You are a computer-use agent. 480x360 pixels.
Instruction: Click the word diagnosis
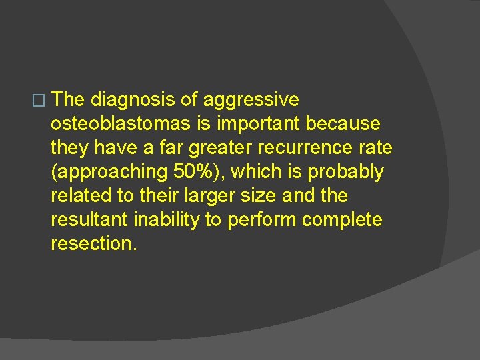tap(133, 100)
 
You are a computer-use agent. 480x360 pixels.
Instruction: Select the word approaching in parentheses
tap(107, 172)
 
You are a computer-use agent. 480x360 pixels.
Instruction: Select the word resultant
tap(91, 220)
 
